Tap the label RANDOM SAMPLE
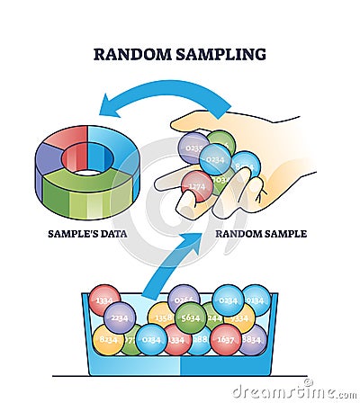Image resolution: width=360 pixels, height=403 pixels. pos(261,234)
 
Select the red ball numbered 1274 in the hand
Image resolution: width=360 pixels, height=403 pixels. pos(196,186)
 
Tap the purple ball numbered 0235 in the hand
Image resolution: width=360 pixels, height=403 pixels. pos(192,147)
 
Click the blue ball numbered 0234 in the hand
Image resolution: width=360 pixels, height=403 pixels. pos(215,159)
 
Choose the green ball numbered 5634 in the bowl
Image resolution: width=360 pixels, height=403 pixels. pos(191,317)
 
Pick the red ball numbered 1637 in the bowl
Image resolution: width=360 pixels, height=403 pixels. pos(226,340)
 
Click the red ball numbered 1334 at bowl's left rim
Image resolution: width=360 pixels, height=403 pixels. pos(104,300)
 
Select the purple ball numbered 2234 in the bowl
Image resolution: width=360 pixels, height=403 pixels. pos(120,318)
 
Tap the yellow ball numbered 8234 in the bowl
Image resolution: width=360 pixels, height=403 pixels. pos(107,340)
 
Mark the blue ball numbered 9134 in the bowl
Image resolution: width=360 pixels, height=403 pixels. pos(256,300)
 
